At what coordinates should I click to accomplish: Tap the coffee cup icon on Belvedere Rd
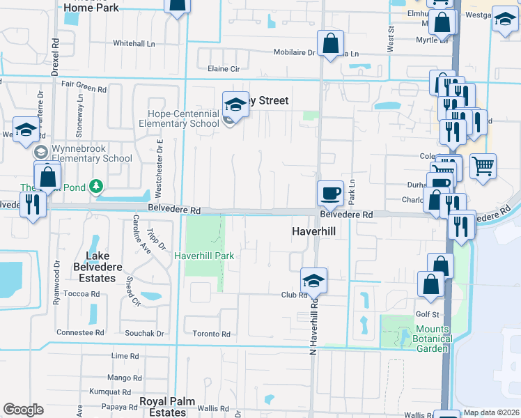[330, 192]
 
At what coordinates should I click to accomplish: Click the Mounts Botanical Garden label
[423, 339]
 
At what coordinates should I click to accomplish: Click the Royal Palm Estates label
[162, 407]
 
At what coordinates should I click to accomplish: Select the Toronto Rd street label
[212, 334]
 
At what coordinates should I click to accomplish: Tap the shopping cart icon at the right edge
[483, 167]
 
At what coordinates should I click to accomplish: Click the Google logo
[24, 410]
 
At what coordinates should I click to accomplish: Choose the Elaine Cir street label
[224, 69]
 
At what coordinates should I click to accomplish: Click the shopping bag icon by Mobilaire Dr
[330, 43]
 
